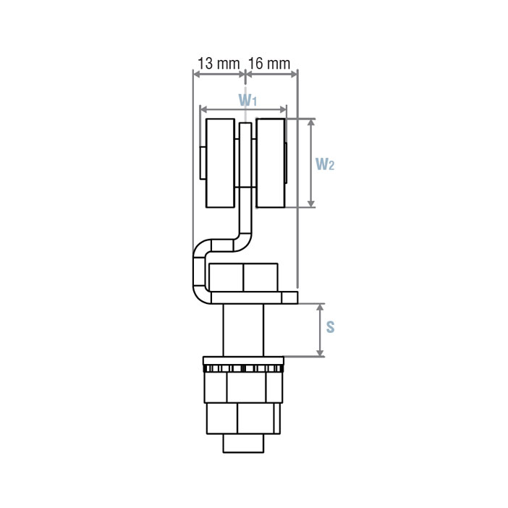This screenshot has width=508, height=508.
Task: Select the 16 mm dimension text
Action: [269, 64]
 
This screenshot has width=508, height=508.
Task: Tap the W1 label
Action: [247, 98]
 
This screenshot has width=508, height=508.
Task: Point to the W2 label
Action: [325, 164]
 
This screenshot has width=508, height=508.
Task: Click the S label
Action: [330, 327]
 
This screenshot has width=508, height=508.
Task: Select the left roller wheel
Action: [220, 163]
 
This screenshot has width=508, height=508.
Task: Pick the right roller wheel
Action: [271, 163]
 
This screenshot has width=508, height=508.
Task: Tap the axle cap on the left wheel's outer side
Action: [203, 163]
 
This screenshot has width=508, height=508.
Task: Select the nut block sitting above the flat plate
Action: [243, 278]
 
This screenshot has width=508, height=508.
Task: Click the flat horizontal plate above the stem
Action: [253, 297]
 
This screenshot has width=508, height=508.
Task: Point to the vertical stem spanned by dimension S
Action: [245, 330]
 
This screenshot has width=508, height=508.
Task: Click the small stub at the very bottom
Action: [244, 442]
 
